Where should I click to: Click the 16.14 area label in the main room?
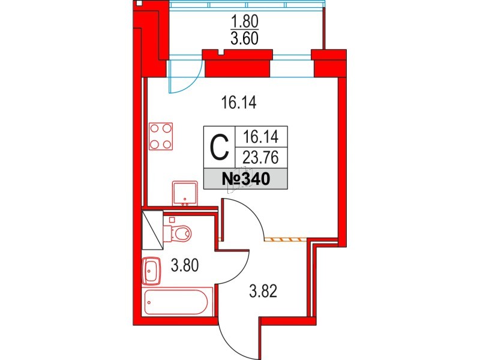pos(238,103)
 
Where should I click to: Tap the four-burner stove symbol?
pos(161,136)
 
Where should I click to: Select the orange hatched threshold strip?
pos(285,239)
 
